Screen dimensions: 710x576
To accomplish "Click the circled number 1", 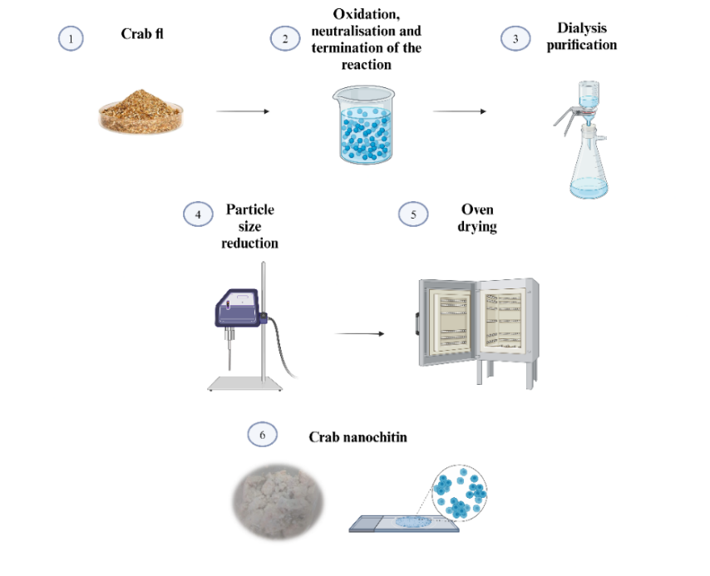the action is pos(71,38).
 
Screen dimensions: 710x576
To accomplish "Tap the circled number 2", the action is pos(285,38).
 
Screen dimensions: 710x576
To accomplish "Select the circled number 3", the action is pos(515,38).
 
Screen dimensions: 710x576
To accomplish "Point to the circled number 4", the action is pos(198,214).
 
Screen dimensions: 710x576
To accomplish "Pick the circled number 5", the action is pos(413,214).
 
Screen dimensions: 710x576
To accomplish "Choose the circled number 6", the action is pos(262,434).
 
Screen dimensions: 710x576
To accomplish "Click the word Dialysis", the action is pos(582,28).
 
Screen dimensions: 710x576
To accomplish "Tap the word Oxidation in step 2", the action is pos(367,14).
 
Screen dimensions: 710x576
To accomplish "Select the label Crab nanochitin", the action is pos(357,437).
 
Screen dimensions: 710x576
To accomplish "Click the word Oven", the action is pos(477,209).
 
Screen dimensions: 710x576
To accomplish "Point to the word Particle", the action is pos(250,209).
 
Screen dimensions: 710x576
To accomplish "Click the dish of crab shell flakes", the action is pos(141,112).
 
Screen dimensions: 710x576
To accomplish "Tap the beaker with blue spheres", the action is pos(364,125).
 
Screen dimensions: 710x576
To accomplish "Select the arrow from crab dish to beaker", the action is pos(243,111).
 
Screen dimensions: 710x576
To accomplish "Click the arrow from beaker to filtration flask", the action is pos(459,111).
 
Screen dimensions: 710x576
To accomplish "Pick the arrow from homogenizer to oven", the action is pos(359,334).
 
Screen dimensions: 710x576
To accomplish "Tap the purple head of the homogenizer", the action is pos(238,308).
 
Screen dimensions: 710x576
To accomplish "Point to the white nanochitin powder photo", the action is pos(278,501).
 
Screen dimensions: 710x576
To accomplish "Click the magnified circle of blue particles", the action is pos(459,492).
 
